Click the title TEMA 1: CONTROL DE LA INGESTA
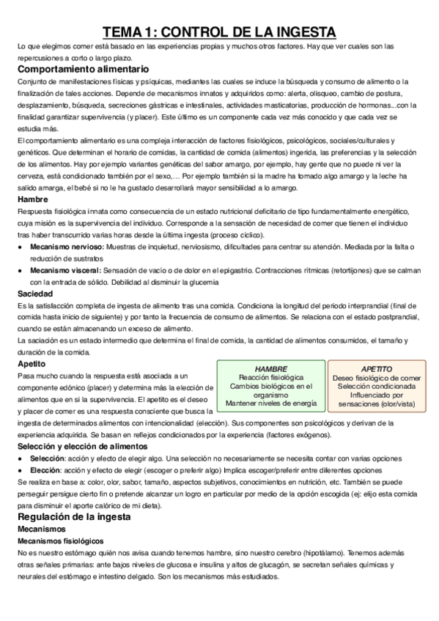219,31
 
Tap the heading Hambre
33,198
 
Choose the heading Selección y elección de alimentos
85,446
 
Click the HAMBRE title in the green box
270,368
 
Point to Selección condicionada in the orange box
377,385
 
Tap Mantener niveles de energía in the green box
271,403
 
